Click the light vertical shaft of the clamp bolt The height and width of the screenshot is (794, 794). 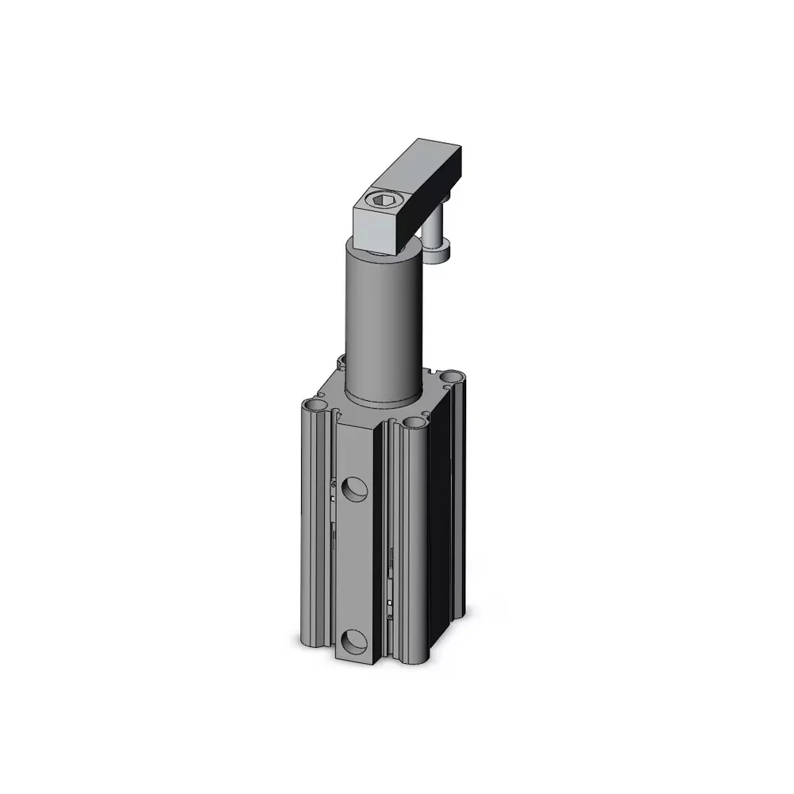(434, 233)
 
